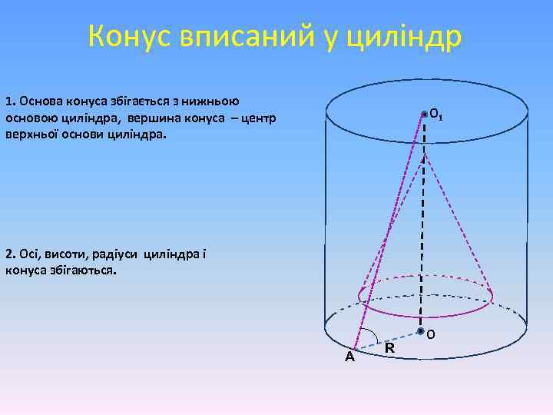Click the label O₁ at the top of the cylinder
point(435,115)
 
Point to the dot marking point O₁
point(424,114)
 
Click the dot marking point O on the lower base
point(421,331)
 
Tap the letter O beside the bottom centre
point(430,334)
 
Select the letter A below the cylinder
point(349,357)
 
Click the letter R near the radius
point(389,348)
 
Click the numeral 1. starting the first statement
point(10,101)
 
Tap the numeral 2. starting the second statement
point(10,254)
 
